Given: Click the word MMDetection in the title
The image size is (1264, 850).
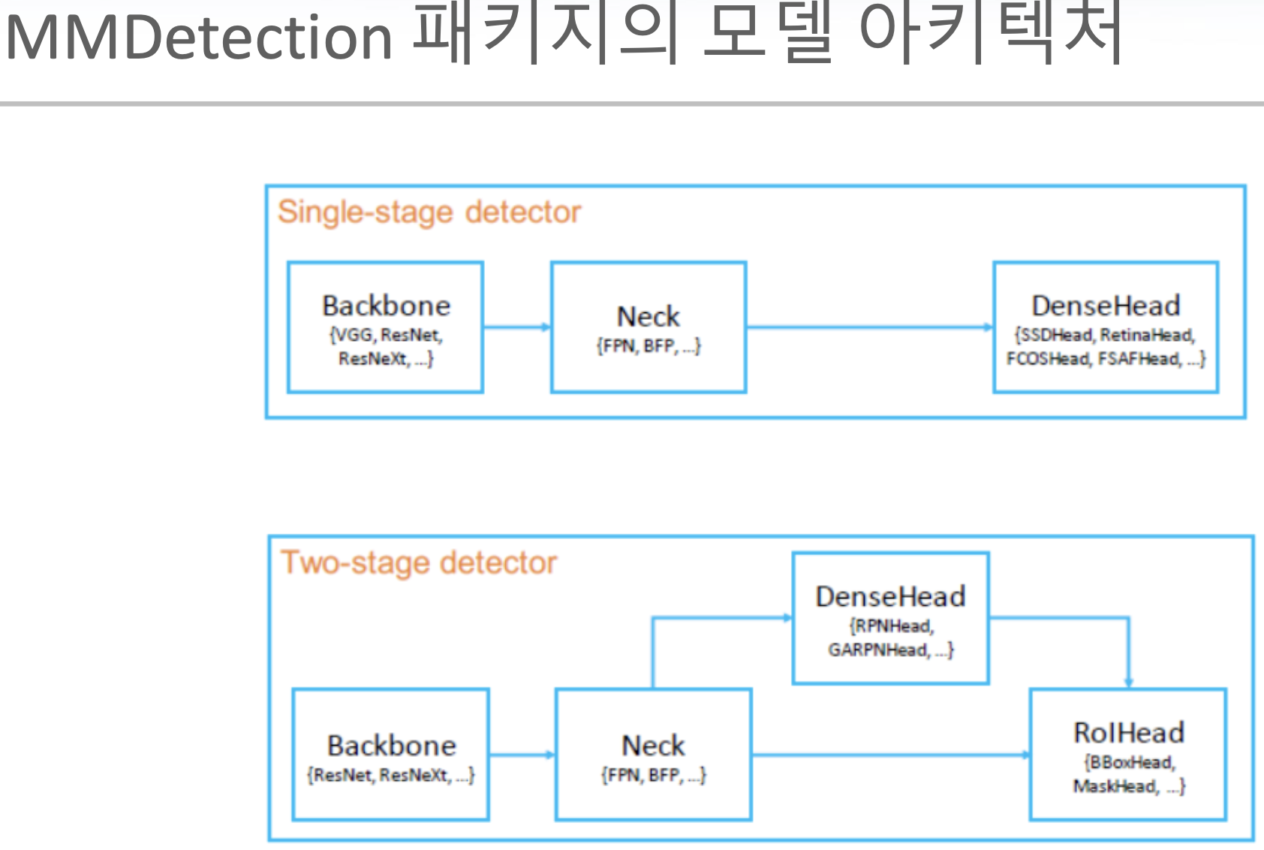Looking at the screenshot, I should pos(199,38).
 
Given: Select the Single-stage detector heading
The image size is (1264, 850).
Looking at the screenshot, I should pos(429,212).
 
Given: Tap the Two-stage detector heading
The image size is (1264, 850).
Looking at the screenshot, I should pos(419,563).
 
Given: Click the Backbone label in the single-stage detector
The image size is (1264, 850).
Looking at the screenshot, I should pos(386,306).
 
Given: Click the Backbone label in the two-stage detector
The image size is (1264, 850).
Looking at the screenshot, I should pos(391,746).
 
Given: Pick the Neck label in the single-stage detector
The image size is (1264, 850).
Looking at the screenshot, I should pos(648,317).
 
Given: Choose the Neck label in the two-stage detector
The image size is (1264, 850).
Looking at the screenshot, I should pos(652,746).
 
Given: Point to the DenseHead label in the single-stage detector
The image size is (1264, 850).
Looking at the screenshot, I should pos(1106,306).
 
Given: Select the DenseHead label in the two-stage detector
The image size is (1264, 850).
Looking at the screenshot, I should pos(890,597).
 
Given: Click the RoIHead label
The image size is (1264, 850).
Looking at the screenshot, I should pos(1129,732).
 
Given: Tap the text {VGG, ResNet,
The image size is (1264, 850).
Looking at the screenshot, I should pos(386,335).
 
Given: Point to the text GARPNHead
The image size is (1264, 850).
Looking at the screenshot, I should pos(878,650).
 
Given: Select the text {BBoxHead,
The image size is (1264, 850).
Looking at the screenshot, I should pos(1130,762).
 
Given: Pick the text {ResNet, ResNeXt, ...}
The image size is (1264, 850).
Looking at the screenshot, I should pos(391,775).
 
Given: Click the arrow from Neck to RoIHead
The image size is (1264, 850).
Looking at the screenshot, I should pos(890,755).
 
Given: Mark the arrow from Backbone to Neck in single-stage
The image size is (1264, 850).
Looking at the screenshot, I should pos(516,327).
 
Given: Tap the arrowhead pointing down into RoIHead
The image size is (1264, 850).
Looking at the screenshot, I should pos(1128,681).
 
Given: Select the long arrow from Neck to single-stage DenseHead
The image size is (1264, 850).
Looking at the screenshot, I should pos(869,327).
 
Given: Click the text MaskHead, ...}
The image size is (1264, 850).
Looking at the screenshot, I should pos(1129,786).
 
